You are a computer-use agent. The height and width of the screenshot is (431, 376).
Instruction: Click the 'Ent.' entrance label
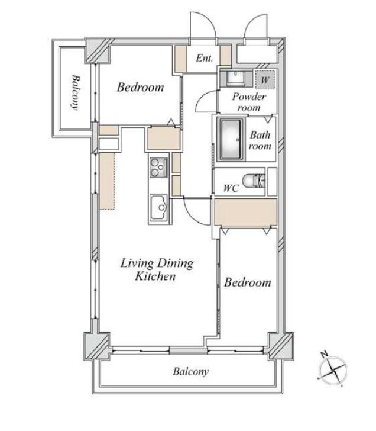pos(204,59)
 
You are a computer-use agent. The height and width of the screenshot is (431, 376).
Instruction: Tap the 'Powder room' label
pos(248,101)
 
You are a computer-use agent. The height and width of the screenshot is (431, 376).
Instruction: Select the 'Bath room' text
pos(260,140)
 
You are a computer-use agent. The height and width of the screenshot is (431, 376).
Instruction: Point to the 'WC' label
pos(231,189)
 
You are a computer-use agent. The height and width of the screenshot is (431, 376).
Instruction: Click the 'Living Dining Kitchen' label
pos(157,269)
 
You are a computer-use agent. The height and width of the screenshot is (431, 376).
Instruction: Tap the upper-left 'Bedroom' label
pos(140,88)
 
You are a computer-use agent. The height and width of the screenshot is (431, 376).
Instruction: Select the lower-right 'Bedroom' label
pos(248,282)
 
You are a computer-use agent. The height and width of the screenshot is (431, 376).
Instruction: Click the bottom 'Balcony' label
pos(190,372)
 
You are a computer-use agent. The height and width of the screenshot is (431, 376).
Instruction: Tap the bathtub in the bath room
pos(230,139)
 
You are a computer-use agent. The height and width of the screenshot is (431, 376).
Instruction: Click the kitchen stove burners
pos(158,168)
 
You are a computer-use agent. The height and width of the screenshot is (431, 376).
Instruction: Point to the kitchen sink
pos(158,208)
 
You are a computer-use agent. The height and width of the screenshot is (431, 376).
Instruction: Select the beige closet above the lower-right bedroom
pos(245,212)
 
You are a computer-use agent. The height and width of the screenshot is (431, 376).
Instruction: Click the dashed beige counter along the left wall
pos(106,180)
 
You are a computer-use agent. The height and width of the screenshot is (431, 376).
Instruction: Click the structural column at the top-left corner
pos(97,51)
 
